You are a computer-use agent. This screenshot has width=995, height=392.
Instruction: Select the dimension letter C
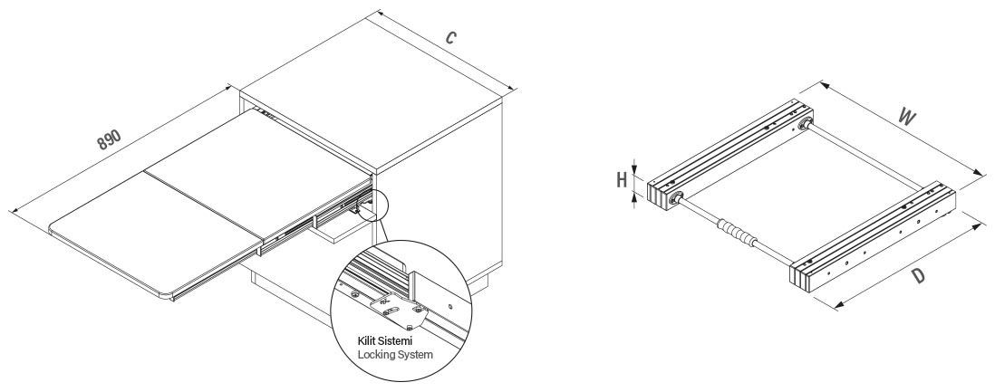[450, 38]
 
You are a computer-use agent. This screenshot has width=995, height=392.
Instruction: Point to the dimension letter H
[622, 179]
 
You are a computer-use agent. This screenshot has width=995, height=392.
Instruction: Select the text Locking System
[396, 354]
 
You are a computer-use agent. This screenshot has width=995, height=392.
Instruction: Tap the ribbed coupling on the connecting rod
[736, 234]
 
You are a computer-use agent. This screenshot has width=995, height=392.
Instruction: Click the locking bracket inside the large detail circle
[395, 307]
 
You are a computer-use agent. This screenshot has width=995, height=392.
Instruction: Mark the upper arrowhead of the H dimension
[636, 165]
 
